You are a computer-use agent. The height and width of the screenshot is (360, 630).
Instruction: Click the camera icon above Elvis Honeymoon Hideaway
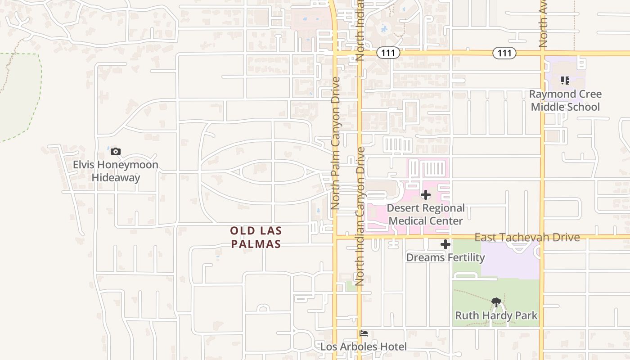[x=116, y=151]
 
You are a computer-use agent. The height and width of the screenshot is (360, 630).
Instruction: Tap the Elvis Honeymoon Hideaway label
[x=116, y=171]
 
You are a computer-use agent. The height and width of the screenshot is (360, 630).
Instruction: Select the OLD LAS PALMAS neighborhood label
[x=256, y=237]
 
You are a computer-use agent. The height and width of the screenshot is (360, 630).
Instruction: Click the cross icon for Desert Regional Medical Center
[x=426, y=195]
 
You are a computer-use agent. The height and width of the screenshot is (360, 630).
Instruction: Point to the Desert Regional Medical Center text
[x=426, y=214]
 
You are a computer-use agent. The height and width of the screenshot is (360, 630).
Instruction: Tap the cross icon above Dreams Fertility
[x=445, y=244]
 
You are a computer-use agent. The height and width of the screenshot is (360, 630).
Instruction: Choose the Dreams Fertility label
[x=445, y=257]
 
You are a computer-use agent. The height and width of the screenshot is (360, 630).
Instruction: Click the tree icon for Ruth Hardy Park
[x=496, y=302]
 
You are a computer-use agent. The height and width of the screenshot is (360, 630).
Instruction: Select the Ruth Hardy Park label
[x=496, y=315]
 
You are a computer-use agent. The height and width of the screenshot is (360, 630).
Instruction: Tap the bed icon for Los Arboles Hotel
[x=364, y=333]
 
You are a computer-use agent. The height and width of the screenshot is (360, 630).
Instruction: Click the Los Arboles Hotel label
[x=364, y=346]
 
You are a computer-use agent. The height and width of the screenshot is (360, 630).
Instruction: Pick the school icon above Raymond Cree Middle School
[x=565, y=81]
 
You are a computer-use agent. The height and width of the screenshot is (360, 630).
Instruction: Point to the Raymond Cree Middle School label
[x=565, y=100]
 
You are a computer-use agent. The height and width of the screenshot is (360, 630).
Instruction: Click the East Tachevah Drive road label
[x=527, y=237]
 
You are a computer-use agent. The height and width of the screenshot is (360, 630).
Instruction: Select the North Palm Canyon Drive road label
[x=335, y=143]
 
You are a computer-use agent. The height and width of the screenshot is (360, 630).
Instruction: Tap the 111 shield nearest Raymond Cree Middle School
[x=504, y=53]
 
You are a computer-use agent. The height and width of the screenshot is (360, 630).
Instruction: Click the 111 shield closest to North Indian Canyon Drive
[x=387, y=53]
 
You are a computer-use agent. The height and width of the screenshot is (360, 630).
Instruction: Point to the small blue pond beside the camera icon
[x=108, y=148]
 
